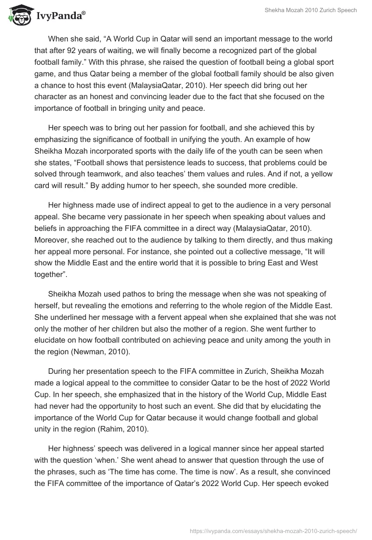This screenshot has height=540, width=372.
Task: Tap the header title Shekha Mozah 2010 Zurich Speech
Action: click(310, 10)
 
